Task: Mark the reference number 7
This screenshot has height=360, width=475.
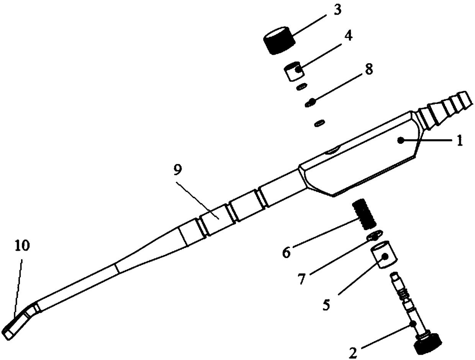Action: pyautogui.click(x=302, y=279)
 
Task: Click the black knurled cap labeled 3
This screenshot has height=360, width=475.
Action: pyautogui.click(x=279, y=40)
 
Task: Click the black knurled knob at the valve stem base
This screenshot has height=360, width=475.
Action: pyautogui.click(x=428, y=344)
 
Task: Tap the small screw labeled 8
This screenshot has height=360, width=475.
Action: pyautogui.click(x=311, y=102)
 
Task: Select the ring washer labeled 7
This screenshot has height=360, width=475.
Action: pyautogui.click(x=375, y=235)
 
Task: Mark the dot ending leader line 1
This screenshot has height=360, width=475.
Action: pyautogui.click(x=400, y=140)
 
